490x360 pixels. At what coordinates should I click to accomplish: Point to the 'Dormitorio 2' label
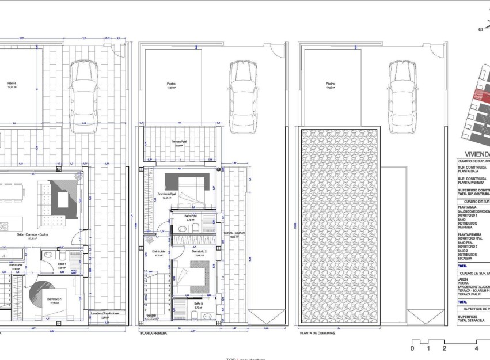point(199,252)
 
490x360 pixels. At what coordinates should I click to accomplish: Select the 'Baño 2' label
point(198,303)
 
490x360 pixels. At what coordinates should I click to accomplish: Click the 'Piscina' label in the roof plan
point(329,83)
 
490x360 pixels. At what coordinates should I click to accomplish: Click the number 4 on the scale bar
point(477,348)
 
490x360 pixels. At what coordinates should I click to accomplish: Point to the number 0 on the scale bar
point(412,348)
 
